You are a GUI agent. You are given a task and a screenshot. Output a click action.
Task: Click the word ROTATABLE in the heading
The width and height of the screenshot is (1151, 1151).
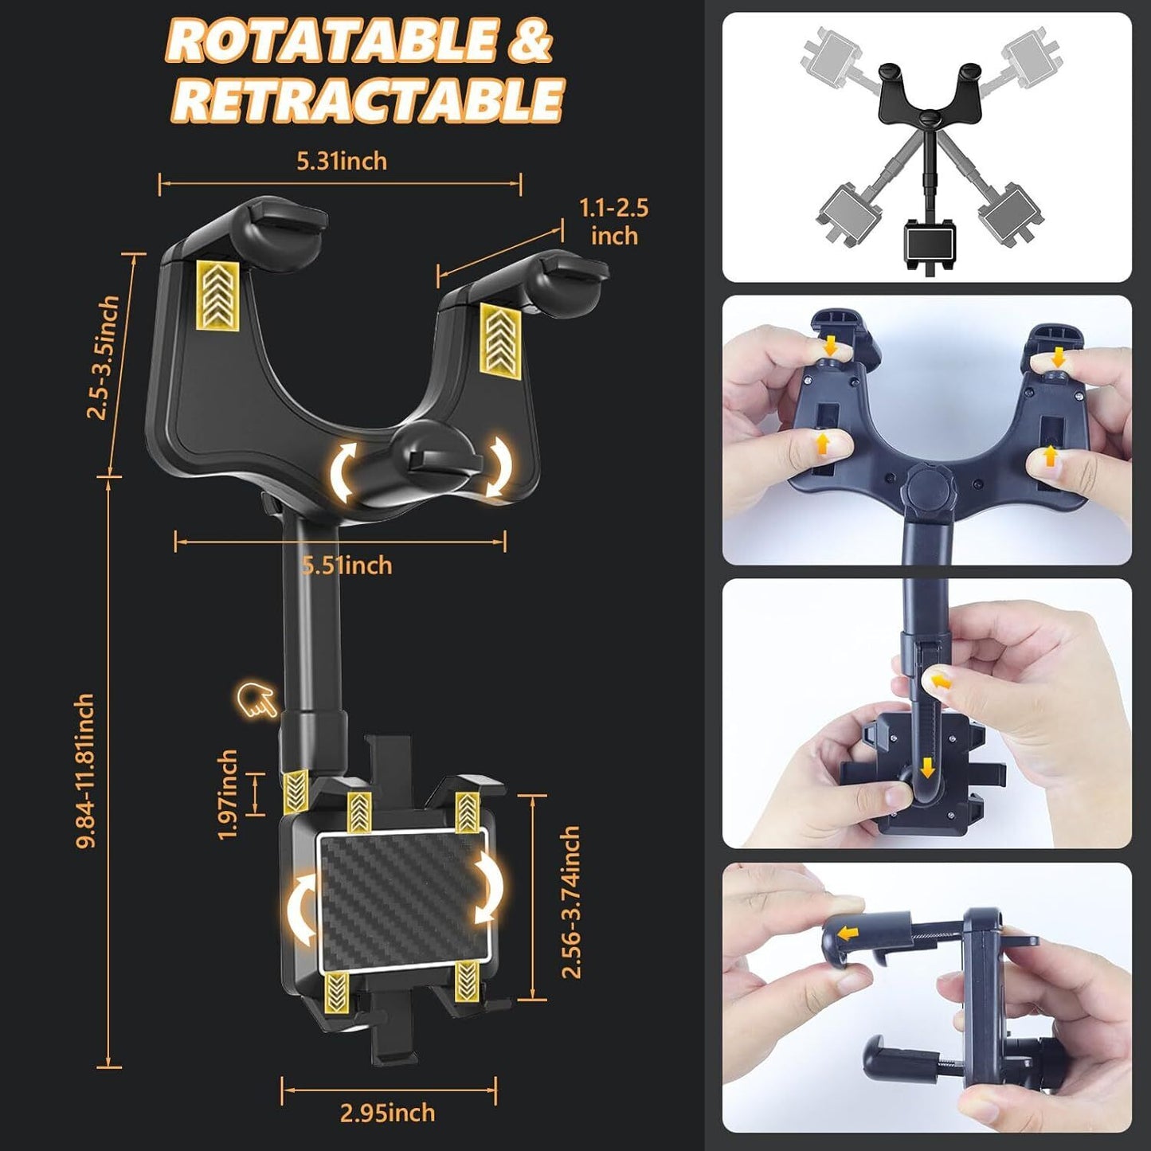(331, 40)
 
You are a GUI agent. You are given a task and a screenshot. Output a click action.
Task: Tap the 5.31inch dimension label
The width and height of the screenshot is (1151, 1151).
(342, 161)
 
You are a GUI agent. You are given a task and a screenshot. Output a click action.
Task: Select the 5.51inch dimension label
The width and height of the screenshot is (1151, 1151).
(347, 565)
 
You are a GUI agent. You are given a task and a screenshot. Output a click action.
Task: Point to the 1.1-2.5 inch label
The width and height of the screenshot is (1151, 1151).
(614, 222)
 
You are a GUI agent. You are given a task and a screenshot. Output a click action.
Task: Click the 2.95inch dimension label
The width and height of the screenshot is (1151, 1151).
(387, 1114)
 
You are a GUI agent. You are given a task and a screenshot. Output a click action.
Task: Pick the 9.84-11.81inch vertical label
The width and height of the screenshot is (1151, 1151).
(84, 770)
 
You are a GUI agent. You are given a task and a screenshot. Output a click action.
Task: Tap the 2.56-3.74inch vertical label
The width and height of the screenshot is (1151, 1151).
(570, 902)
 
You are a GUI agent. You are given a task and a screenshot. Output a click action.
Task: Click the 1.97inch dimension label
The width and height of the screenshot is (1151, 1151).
(227, 795)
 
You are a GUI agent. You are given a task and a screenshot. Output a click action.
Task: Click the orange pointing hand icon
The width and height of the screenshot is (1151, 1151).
(256, 701)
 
